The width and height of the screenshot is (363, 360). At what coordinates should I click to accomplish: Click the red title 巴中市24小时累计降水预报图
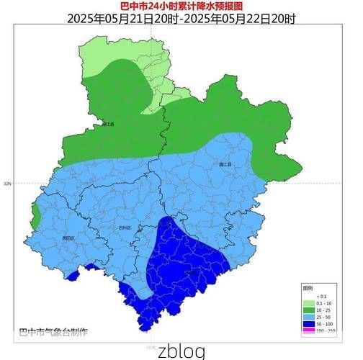[181, 6]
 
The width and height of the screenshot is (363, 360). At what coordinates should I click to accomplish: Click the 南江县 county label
[108, 124]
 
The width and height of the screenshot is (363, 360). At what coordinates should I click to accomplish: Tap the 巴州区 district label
[125, 227]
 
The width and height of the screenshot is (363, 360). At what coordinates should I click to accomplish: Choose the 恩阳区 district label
[68, 238]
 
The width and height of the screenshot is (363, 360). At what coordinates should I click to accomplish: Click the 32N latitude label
[7, 184]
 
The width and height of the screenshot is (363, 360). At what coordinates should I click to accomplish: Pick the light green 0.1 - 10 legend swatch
[308, 302]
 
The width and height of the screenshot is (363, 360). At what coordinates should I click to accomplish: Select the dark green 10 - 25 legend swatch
[308, 310]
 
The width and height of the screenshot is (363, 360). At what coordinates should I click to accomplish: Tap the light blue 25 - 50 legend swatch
[308, 317]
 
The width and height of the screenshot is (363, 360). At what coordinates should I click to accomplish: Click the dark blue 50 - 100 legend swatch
[308, 324]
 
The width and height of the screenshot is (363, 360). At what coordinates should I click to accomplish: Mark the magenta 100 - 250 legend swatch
[308, 331]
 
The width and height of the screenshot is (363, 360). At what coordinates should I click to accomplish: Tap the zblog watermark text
[181, 351]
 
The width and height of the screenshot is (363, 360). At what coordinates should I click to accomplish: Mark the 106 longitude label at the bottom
[151, 346]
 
